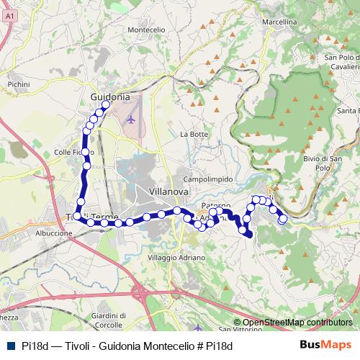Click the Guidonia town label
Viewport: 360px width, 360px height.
pos(110,96)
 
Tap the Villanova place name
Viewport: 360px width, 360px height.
pos(168,192)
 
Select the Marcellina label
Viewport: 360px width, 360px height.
pos(279,22)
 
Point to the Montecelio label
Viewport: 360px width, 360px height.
pos(146,30)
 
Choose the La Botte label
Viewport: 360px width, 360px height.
pos(194,134)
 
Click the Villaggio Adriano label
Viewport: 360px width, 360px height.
pos(176,257)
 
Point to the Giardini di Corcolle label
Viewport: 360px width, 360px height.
pos(109,320)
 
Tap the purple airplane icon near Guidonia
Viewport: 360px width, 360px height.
pos(130,118)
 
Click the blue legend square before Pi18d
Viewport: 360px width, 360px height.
pos(9,346)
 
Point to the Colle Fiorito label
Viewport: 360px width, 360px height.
pos(73,152)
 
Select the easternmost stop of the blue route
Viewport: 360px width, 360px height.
pos(282,218)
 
